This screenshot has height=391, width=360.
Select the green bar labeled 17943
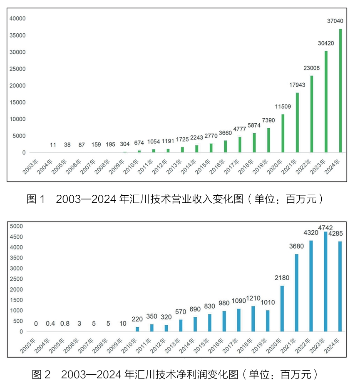(297, 122)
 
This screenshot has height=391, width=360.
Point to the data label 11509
(283, 106)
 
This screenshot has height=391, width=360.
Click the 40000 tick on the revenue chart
(18, 19)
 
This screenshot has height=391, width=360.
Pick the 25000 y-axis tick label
(18, 69)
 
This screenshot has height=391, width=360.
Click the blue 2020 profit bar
(282, 309)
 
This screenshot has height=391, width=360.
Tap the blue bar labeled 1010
(268, 321)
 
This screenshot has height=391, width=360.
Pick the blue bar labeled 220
(137, 329)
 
